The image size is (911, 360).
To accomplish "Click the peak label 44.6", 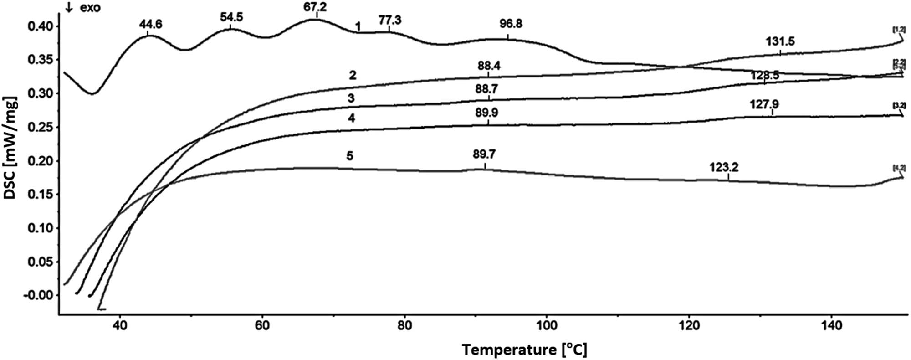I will click(150, 24).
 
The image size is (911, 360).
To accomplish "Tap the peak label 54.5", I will click(231, 17).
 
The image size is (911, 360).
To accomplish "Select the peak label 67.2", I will click(315, 7).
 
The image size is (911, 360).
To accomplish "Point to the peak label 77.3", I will click(390, 21).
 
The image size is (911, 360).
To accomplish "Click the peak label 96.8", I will click(511, 24).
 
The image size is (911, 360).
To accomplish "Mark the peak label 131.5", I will click(780, 41).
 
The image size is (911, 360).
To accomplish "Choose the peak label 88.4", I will click(489, 66).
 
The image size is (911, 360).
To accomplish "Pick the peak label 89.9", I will click(486, 113).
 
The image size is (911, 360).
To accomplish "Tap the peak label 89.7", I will click(484, 155).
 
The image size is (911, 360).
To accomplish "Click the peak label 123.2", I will click(724, 167).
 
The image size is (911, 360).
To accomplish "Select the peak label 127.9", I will click(764, 105).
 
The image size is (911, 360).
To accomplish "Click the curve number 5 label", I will click(349, 156).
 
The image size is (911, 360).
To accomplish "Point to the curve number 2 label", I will click(352, 75).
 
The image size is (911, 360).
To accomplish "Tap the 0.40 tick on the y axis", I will click(41, 26).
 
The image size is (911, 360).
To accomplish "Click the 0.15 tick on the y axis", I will click(41, 195).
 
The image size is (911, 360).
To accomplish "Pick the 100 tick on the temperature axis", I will click(547, 326).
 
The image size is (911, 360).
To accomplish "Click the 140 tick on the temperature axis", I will click(831, 326).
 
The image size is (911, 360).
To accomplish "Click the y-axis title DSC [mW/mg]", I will click(10, 148).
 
